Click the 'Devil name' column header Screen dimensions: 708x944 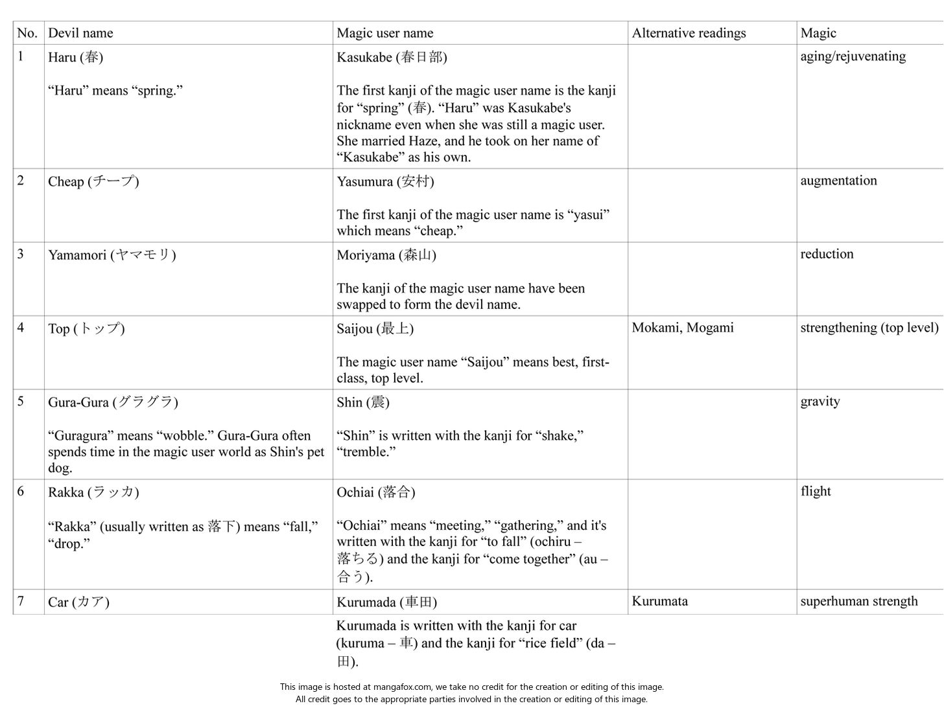(80, 33)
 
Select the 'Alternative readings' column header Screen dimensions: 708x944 (689, 33)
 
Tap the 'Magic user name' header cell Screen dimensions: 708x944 (384, 33)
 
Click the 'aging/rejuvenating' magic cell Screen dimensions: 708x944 (853, 56)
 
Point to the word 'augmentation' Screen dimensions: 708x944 (838, 181)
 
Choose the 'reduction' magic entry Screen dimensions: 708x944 (827, 254)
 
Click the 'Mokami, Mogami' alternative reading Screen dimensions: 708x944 (683, 328)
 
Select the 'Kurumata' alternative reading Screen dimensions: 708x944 (659, 601)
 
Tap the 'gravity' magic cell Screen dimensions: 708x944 (820, 402)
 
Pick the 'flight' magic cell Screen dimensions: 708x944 (816, 491)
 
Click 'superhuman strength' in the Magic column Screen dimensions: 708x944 (858, 601)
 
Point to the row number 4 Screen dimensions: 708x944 (21, 328)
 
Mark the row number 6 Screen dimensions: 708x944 (21, 492)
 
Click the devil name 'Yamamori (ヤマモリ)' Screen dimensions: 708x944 (112, 255)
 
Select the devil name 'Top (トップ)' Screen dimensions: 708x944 (86, 329)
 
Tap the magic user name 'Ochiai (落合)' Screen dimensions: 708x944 (375, 492)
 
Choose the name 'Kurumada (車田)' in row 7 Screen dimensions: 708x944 (386, 602)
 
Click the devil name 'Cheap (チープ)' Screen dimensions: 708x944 (93, 181)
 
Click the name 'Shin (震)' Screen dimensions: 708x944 (362, 402)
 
